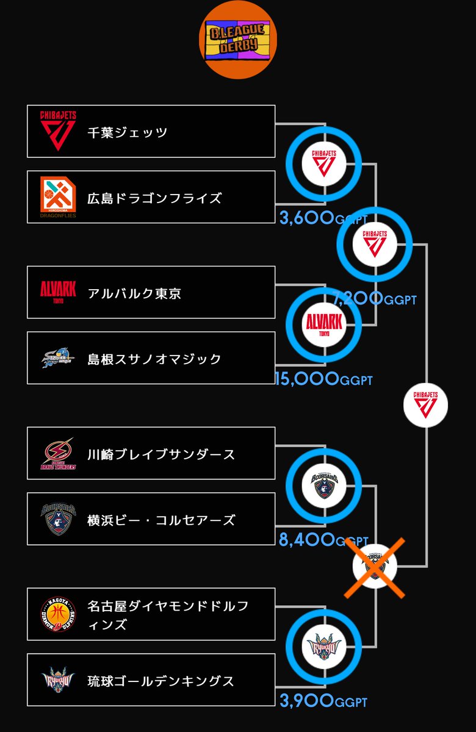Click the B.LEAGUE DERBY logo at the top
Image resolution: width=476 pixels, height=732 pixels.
click(239, 40)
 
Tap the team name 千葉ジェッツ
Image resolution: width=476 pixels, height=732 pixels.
click(127, 132)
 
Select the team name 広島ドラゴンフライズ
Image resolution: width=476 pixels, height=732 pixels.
click(154, 198)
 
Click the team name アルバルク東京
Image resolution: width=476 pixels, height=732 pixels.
click(134, 293)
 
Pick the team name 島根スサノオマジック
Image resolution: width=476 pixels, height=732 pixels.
click(154, 359)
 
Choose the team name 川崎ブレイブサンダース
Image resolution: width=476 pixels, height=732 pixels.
click(161, 454)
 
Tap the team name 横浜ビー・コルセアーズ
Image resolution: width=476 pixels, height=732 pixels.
click(161, 520)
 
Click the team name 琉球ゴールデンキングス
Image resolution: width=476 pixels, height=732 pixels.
click(161, 681)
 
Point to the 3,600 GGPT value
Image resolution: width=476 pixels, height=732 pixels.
click(323, 218)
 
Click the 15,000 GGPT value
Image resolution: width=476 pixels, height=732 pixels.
click(323, 379)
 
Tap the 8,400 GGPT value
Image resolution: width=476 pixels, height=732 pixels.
click(323, 540)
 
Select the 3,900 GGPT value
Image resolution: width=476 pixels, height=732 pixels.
click(323, 701)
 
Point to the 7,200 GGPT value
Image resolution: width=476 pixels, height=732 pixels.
click(375, 299)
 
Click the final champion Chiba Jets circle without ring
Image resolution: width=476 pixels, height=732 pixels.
click(425, 404)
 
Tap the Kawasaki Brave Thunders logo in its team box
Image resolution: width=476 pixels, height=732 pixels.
click(58, 454)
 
